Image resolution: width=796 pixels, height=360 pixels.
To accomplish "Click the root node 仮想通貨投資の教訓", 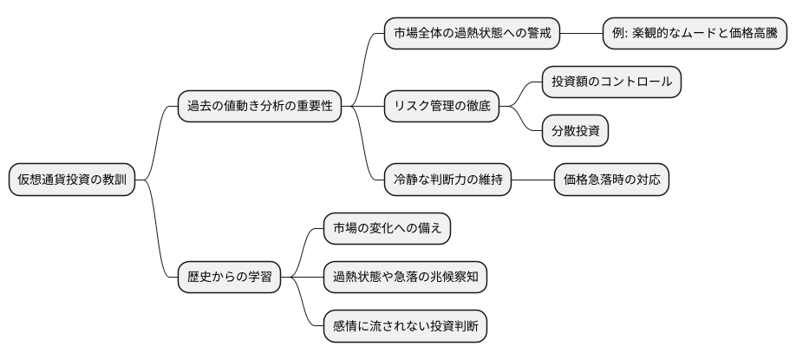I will tap(72, 180).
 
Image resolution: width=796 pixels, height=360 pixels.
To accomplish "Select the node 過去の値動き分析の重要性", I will tap(258, 107).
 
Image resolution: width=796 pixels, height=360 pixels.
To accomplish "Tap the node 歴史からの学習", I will tap(230, 278).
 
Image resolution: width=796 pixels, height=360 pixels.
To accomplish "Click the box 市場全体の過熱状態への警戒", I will tap(471, 35).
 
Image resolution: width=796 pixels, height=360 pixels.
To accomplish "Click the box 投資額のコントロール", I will tap(611, 82).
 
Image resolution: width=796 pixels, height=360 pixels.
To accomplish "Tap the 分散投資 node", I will tap(575, 131).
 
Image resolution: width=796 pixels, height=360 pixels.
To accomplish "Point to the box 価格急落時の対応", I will tap(611, 180).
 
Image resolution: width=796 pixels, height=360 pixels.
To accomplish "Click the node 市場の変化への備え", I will tap(387, 228).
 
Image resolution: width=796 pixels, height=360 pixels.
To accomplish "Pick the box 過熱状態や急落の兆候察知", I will tap(405, 278).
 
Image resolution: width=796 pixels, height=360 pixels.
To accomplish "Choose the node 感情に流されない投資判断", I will tap(405, 326).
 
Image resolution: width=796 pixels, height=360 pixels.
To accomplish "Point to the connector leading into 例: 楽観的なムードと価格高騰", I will tap(581, 35).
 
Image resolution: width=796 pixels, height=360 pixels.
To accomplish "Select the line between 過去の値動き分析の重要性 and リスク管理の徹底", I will tap(362, 107).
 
